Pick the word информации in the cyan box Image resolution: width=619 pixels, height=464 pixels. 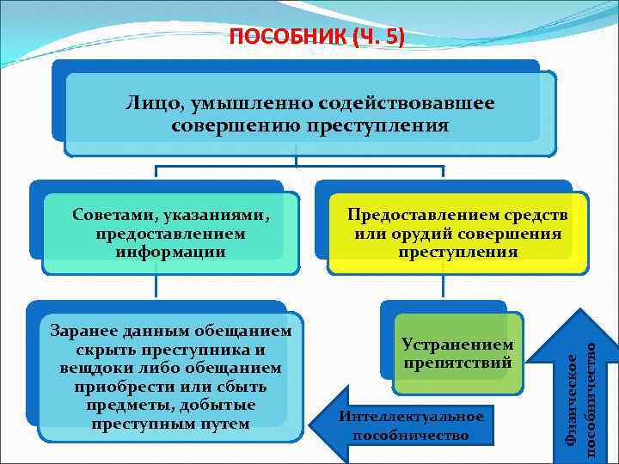(172, 252)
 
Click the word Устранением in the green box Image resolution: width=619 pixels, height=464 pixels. (457, 345)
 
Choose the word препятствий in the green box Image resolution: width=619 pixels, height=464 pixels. (457, 363)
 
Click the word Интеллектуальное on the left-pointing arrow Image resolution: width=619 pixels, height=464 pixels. (411, 417)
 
